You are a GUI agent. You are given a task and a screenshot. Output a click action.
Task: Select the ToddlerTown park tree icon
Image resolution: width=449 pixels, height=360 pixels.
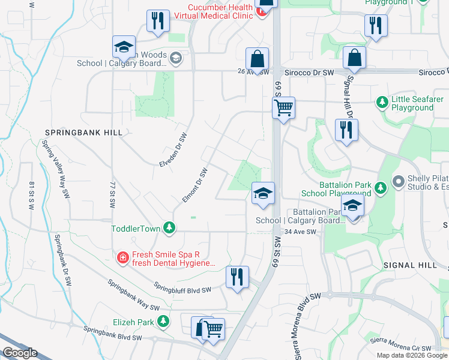170,228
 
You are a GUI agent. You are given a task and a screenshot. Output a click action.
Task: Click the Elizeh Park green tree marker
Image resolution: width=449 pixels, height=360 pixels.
163,322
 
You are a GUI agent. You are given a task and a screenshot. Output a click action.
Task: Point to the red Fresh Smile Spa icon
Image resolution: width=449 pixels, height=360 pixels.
122,257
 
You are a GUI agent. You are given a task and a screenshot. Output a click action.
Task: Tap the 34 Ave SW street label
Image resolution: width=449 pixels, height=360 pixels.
300,232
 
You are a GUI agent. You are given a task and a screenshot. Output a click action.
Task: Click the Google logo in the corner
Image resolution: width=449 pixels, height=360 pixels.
20,353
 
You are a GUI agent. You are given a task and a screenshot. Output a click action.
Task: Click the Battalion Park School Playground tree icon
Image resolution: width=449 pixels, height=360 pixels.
379,189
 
